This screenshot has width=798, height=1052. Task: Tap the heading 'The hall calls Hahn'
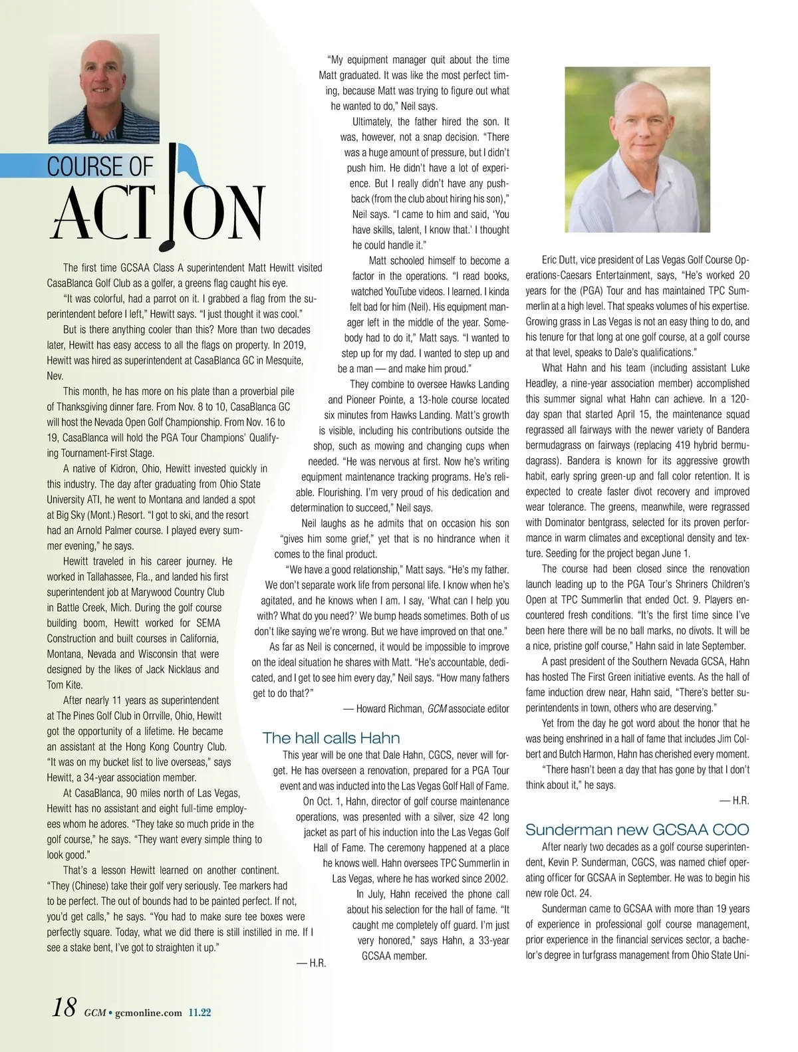pos(331,737)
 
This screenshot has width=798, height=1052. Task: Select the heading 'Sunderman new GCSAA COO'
pos(637,829)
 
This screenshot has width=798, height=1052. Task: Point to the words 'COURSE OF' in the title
pos(100,167)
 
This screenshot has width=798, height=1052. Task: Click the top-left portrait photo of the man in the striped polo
pos(104,89)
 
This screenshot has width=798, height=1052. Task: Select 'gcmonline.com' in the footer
pos(148,1013)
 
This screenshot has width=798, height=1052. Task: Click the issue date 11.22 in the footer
pos(199,1013)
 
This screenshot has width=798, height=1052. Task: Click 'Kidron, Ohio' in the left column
pos(128,469)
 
